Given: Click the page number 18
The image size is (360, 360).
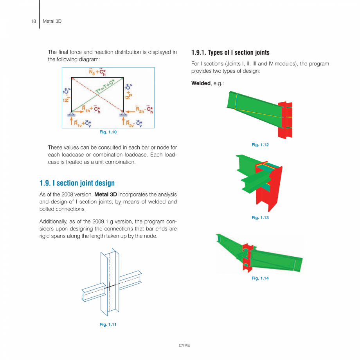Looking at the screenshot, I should pyautogui.click(x=33, y=21).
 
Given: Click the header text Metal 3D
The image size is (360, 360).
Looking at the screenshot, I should pyautogui.click(x=52, y=21).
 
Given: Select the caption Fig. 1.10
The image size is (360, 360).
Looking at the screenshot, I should pyautogui.click(x=108, y=132).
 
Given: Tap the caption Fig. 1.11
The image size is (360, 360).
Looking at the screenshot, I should pyautogui.click(x=108, y=324).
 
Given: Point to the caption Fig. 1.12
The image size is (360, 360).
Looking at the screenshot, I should pyautogui.click(x=260, y=145).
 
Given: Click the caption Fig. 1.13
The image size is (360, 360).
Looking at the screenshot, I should pyautogui.click(x=260, y=218).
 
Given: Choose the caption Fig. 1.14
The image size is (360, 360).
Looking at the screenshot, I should pyautogui.click(x=260, y=278).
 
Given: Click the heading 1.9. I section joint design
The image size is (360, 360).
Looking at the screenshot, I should pyautogui.click(x=77, y=183).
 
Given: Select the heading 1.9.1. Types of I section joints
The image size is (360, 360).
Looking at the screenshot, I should pyautogui.click(x=230, y=52).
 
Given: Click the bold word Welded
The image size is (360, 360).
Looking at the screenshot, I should pyautogui.click(x=201, y=83).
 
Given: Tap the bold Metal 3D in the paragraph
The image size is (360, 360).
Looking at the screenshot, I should pyautogui.click(x=106, y=194).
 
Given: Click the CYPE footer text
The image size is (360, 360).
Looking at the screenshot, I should pyautogui.click(x=184, y=346).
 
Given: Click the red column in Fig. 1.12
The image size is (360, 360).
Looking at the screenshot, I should pyautogui.click(x=284, y=119).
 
